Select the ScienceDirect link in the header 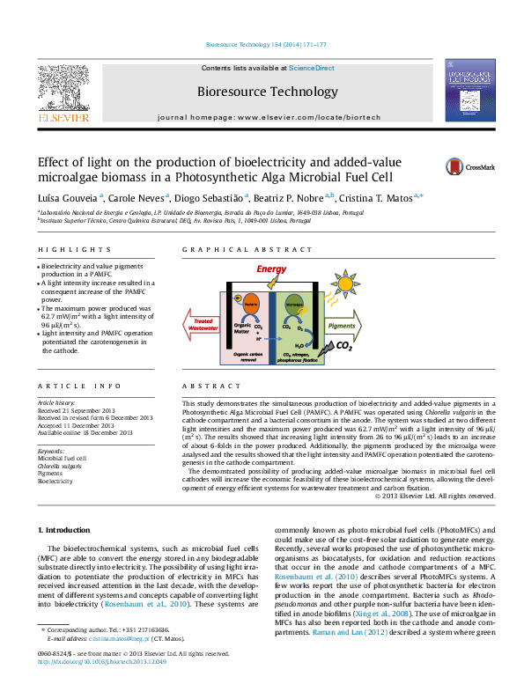313,68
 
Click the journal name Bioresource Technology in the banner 268,92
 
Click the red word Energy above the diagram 271,269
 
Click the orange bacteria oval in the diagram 248,304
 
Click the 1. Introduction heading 67,530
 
